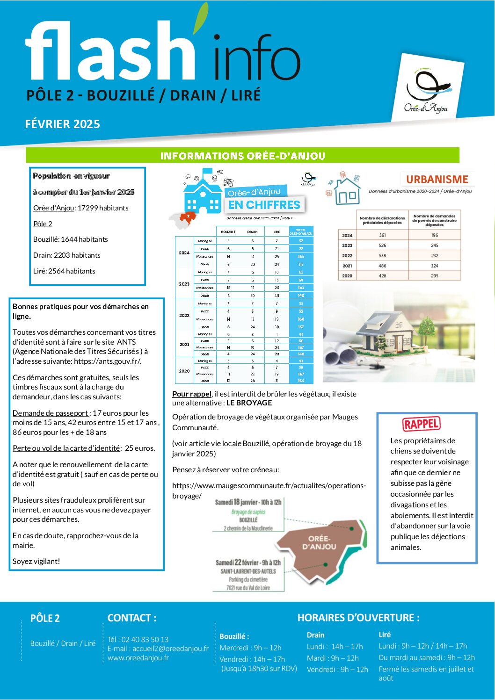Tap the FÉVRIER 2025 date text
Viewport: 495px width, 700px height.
(62, 124)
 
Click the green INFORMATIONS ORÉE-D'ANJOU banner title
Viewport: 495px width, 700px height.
(242, 156)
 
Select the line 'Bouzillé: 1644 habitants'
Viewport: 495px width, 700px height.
(70, 239)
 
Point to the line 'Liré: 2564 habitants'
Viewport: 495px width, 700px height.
(64, 271)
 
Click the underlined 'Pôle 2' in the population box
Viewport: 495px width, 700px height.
(43, 224)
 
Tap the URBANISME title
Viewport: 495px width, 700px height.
(437, 179)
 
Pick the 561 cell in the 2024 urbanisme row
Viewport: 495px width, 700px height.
(382, 235)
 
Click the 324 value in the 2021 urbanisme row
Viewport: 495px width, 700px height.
(435, 266)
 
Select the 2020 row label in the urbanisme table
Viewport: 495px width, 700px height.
(347, 276)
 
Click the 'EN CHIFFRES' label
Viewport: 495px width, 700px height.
(264, 205)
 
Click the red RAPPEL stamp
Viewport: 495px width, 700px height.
(421, 424)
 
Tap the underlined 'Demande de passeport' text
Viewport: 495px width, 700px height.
(51, 413)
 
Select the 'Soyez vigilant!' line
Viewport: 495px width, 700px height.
(36, 561)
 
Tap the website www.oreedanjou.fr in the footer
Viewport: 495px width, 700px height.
(138, 657)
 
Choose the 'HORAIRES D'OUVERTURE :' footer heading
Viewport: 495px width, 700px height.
(358, 618)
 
